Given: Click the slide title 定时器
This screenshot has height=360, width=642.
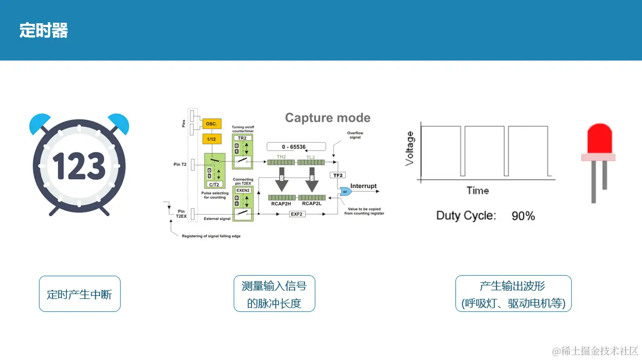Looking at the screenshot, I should pyautogui.click(x=44, y=30).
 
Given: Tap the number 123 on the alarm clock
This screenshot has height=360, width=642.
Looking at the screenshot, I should pyautogui.click(x=80, y=166).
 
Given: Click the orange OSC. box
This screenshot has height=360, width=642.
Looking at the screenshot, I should pyautogui.click(x=211, y=124).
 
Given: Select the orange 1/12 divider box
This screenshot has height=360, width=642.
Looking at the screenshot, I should pyautogui.click(x=211, y=139).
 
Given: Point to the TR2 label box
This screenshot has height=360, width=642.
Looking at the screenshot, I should pyautogui.click(x=242, y=138).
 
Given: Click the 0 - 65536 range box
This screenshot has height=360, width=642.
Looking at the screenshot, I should pyautogui.click(x=296, y=146).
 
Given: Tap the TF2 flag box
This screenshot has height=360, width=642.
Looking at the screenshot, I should pyautogui.click(x=337, y=175).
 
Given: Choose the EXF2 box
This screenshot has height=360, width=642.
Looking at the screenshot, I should pyautogui.click(x=296, y=215).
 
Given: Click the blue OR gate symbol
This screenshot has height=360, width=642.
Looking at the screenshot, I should pyautogui.click(x=344, y=191).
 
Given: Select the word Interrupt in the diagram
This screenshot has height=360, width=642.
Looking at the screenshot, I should pyautogui.click(x=363, y=186).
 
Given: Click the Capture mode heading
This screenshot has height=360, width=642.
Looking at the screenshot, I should pyautogui.click(x=328, y=118).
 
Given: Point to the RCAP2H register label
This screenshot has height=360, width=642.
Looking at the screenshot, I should pyautogui.click(x=281, y=204).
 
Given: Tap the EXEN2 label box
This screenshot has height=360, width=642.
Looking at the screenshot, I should pyautogui.click(x=242, y=190).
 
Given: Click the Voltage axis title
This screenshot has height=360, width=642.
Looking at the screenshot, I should pyautogui.click(x=409, y=148).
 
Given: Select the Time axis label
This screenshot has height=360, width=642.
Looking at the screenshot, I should pyautogui.click(x=478, y=190).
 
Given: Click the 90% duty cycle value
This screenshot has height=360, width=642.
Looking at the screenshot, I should pyautogui.click(x=523, y=216).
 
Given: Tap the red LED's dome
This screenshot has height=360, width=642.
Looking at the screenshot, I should pyautogui.click(x=599, y=138).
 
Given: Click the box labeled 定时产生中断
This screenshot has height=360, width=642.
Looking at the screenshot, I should pyautogui.click(x=80, y=294).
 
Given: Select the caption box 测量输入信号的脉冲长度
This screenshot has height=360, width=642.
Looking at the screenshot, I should pyautogui.click(x=274, y=294).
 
